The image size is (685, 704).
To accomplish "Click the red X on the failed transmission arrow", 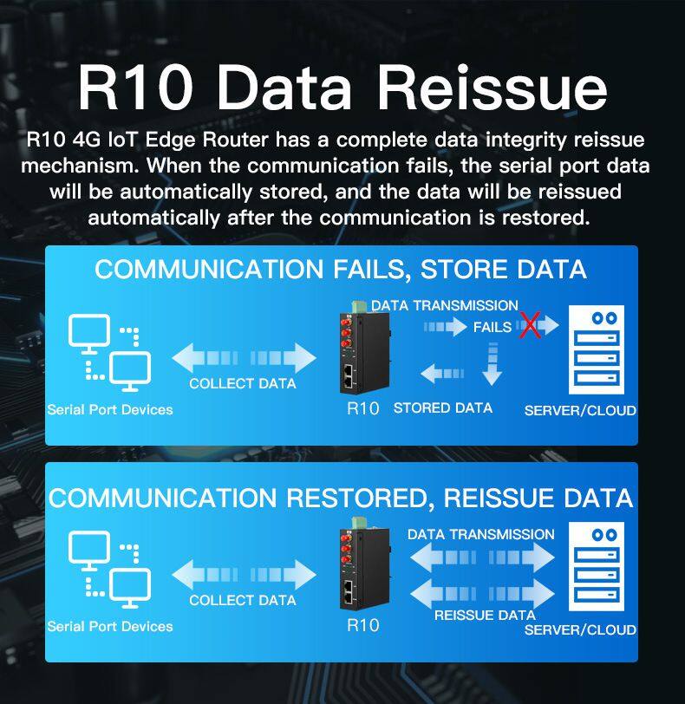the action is [530, 325].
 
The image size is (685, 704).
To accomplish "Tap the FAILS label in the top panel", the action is [493, 328].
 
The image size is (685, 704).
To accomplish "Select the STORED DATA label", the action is [442, 407].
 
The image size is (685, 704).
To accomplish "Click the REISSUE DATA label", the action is [485, 615].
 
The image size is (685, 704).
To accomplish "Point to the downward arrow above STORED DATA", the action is [493, 363].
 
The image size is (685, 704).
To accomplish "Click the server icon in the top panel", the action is [596, 349].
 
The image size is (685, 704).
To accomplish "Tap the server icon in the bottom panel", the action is [596, 567].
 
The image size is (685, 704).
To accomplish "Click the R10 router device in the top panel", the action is [364, 350].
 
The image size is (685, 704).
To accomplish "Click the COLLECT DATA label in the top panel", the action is [243, 383].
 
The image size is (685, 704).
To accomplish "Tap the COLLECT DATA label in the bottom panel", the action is [243, 600].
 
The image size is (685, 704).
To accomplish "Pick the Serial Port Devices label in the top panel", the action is [110, 409].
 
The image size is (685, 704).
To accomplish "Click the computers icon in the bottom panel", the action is [109, 570].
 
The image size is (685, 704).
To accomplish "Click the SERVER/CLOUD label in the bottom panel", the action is [580, 629].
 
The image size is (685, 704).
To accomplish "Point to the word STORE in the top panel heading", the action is [464, 270].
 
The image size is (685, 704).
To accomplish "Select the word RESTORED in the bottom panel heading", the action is [357, 499].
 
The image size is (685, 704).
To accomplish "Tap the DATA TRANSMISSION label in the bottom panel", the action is [480, 534].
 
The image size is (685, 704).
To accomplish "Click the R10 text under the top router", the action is [363, 408].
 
